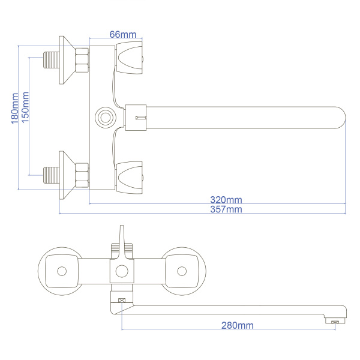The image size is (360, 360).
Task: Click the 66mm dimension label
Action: click(x=123, y=34)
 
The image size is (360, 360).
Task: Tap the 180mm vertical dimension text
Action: click(x=15, y=109)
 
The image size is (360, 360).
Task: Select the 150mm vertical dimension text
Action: click(x=25, y=107)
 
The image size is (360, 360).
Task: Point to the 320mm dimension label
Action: click(x=226, y=200)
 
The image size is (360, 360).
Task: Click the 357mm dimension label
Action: click(x=226, y=209)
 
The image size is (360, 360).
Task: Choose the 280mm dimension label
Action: click(x=238, y=325)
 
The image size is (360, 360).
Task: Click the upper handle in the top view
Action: click(x=129, y=58)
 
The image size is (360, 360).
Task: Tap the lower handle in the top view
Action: click(x=129, y=178)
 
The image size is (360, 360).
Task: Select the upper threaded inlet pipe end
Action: click(x=52, y=60)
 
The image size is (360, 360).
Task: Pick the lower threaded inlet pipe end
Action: click(x=52, y=175)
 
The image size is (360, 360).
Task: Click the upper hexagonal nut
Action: click(x=82, y=60)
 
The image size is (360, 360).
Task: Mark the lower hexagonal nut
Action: click(x=82, y=175)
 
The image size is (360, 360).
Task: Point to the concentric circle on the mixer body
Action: click(x=106, y=118)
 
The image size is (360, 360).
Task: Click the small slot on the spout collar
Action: click(x=141, y=118)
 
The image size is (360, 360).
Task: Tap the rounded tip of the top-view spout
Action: click(x=341, y=118)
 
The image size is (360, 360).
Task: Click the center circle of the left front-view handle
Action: click(x=62, y=271)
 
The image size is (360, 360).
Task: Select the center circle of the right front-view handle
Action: click(x=182, y=271)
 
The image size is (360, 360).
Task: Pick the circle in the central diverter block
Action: click(x=122, y=271)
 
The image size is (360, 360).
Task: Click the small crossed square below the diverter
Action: click(x=122, y=301)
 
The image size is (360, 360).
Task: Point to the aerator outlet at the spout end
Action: click(x=335, y=322)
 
